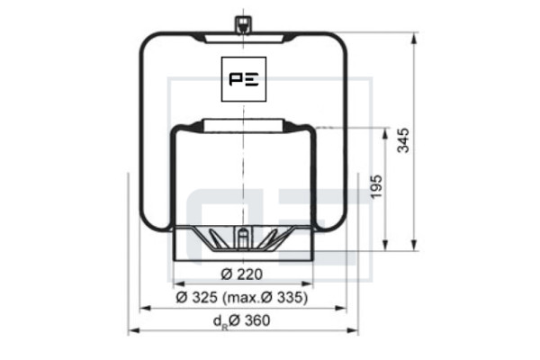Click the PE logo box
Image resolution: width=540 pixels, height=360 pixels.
coord(244,79)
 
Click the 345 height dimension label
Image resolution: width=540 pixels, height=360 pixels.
coord(403,140)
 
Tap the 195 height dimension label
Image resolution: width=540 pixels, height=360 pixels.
coord(376,186)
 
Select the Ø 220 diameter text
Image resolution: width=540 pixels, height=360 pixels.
coord(242,274)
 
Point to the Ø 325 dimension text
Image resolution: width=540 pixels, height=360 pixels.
coord(196,297)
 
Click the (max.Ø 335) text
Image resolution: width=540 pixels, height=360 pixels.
coord(265,297)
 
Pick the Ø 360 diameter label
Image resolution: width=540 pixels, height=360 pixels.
coord(249,320)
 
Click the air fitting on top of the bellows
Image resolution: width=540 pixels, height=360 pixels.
coord(243,24)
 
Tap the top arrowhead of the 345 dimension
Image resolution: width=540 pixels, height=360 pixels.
coord(414,38)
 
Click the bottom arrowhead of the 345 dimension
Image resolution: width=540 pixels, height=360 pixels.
coord(414,246)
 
